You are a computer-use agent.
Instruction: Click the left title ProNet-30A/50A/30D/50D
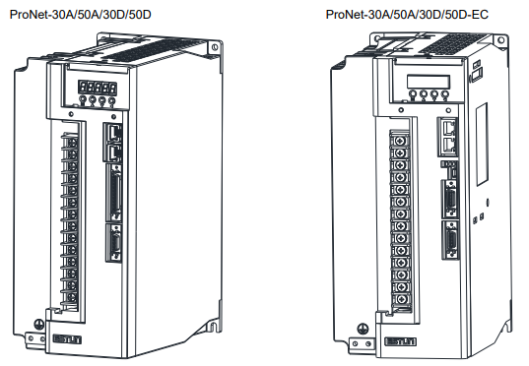pos(81,15)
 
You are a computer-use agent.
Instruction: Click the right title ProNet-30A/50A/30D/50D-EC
pos(407,15)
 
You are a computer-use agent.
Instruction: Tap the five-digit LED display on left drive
pos(98,88)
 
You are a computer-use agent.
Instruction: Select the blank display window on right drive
pos(429,82)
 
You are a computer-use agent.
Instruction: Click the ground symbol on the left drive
pos(39,325)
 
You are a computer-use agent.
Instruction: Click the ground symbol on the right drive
pos(363,329)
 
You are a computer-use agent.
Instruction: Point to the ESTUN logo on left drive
pos(67,339)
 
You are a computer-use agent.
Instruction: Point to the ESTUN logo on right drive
pos(401,341)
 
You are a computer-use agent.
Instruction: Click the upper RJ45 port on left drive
pos(114,133)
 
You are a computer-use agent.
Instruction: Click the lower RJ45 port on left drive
pos(114,153)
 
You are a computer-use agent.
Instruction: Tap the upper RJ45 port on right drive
pos(448,127)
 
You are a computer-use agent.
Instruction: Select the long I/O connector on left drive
pos(114,193)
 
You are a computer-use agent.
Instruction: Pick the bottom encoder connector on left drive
pos(114,242)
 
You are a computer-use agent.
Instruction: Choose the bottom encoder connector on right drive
pos(451,240)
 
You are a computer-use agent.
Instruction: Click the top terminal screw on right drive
pos(401,141)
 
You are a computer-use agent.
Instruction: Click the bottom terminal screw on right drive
pos(401,299)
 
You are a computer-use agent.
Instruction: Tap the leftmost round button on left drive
pos(82,99)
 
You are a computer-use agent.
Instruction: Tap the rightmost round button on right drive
pos(445,94)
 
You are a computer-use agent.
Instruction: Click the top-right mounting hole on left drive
pos(215,47)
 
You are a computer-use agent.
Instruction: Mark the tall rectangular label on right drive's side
pos(482,145)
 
